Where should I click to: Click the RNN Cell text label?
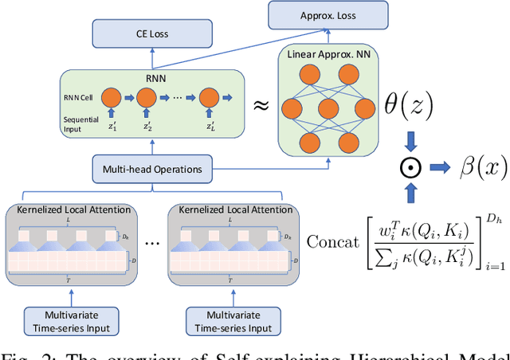pyautogui.click(x=76, y=96)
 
